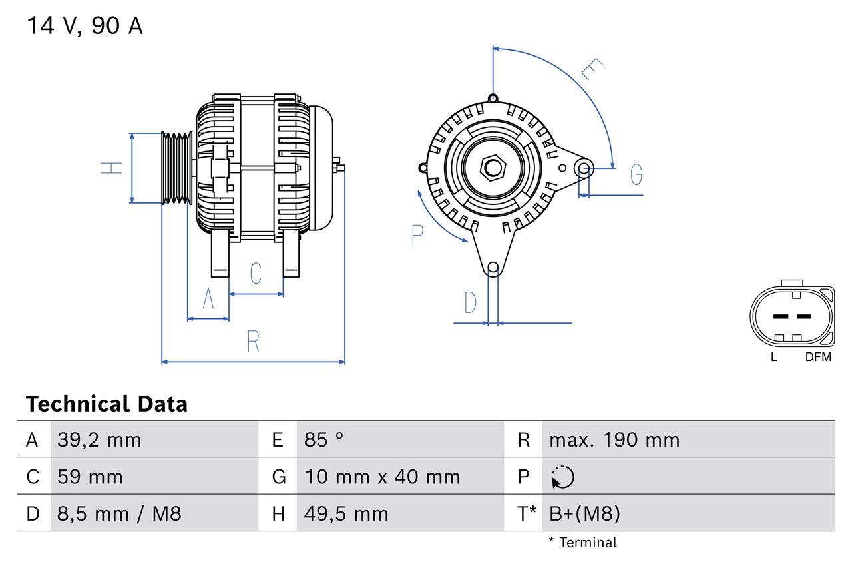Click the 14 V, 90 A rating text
pyautogui.click(x=85, y=26)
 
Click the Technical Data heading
pyautogui.click(x=106, y=404)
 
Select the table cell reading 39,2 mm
pyautogui.click(x=99, y=440)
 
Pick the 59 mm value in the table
pyautogui.click(x=90, y=477)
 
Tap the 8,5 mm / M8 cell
pyautogui.click(x=119, y=514)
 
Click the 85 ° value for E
pyautogui.click(x=324, y=440)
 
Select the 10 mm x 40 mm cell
pyautogui.click(x=382, y=477)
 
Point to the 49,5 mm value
pyautogui.click(x=346, y=514)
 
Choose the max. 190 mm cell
pyautogui.click(x=614, y=440)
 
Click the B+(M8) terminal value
pyautogui.click(x=584, y=514)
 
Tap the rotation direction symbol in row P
pyautogui.click(x=562, y=477)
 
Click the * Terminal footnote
pyautogui.click(x=583, y=543)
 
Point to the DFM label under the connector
pyautogui.click(x=818, y=357)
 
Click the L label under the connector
pyautogui.click(x=773, y=357)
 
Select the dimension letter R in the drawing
pyautogui.click(x=253, y=342)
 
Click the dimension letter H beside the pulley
pyautogui.click(x=112, y=168)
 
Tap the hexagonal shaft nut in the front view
pyautogui.click(x=493, y=168)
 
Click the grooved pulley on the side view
pyautogui.click(x=177, y=168)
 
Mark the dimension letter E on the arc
pyautogui.click(x=592, y=70)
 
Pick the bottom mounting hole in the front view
pyautogui.click(x=493, y=268)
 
